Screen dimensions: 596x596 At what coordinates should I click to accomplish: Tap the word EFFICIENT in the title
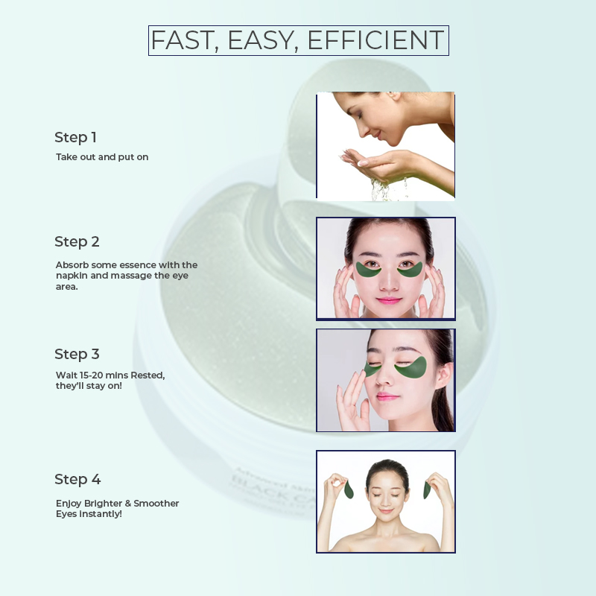[375, 39]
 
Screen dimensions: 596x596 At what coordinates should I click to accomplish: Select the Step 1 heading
[75, 137]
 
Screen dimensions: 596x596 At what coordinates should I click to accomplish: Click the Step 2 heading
[77, 241]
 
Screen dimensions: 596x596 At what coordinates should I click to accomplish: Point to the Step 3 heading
[77, 354]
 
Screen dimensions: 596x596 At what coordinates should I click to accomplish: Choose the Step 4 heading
[77, 479]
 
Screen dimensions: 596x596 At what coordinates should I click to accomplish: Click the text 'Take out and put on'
[102, 157]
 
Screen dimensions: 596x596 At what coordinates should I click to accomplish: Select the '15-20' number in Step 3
[91, 375]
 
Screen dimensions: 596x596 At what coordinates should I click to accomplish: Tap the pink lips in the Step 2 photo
[389, 301]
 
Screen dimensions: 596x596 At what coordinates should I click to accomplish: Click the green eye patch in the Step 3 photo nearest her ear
[412, 368]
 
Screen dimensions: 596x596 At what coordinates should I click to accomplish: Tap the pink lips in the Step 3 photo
[387, 397]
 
